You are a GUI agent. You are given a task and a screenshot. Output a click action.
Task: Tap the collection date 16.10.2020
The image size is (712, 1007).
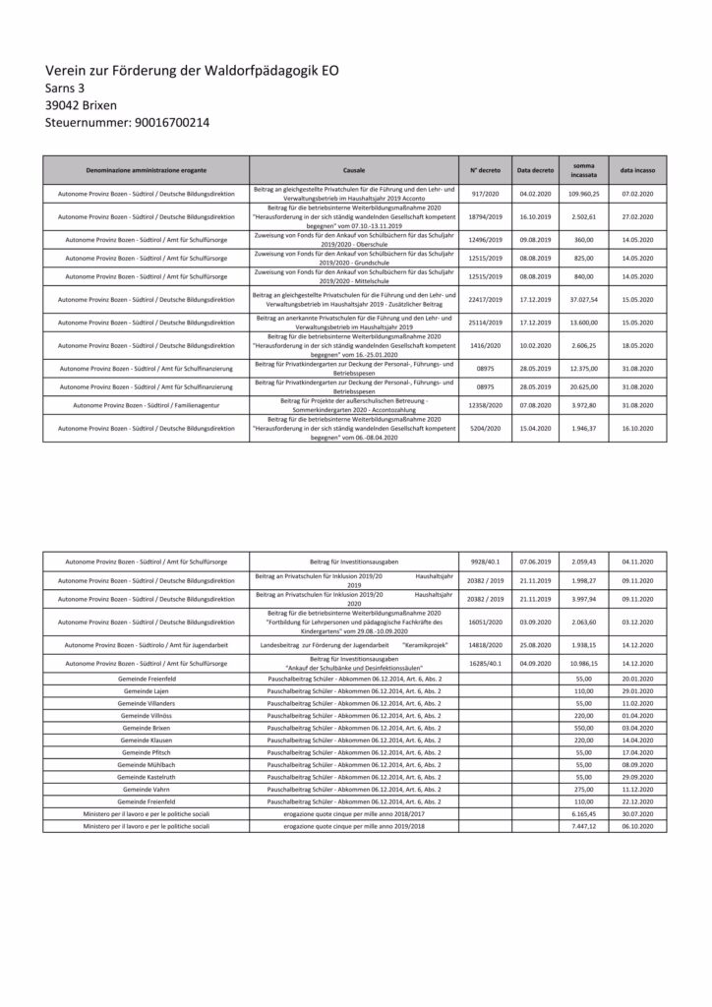[638, 430]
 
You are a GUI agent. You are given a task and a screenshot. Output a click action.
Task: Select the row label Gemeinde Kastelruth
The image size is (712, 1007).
[146, 776]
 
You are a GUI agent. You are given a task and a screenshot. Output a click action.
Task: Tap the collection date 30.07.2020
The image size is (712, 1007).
[638, 814]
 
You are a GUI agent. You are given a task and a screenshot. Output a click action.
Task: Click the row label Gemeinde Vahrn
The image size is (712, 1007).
[146, 789]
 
